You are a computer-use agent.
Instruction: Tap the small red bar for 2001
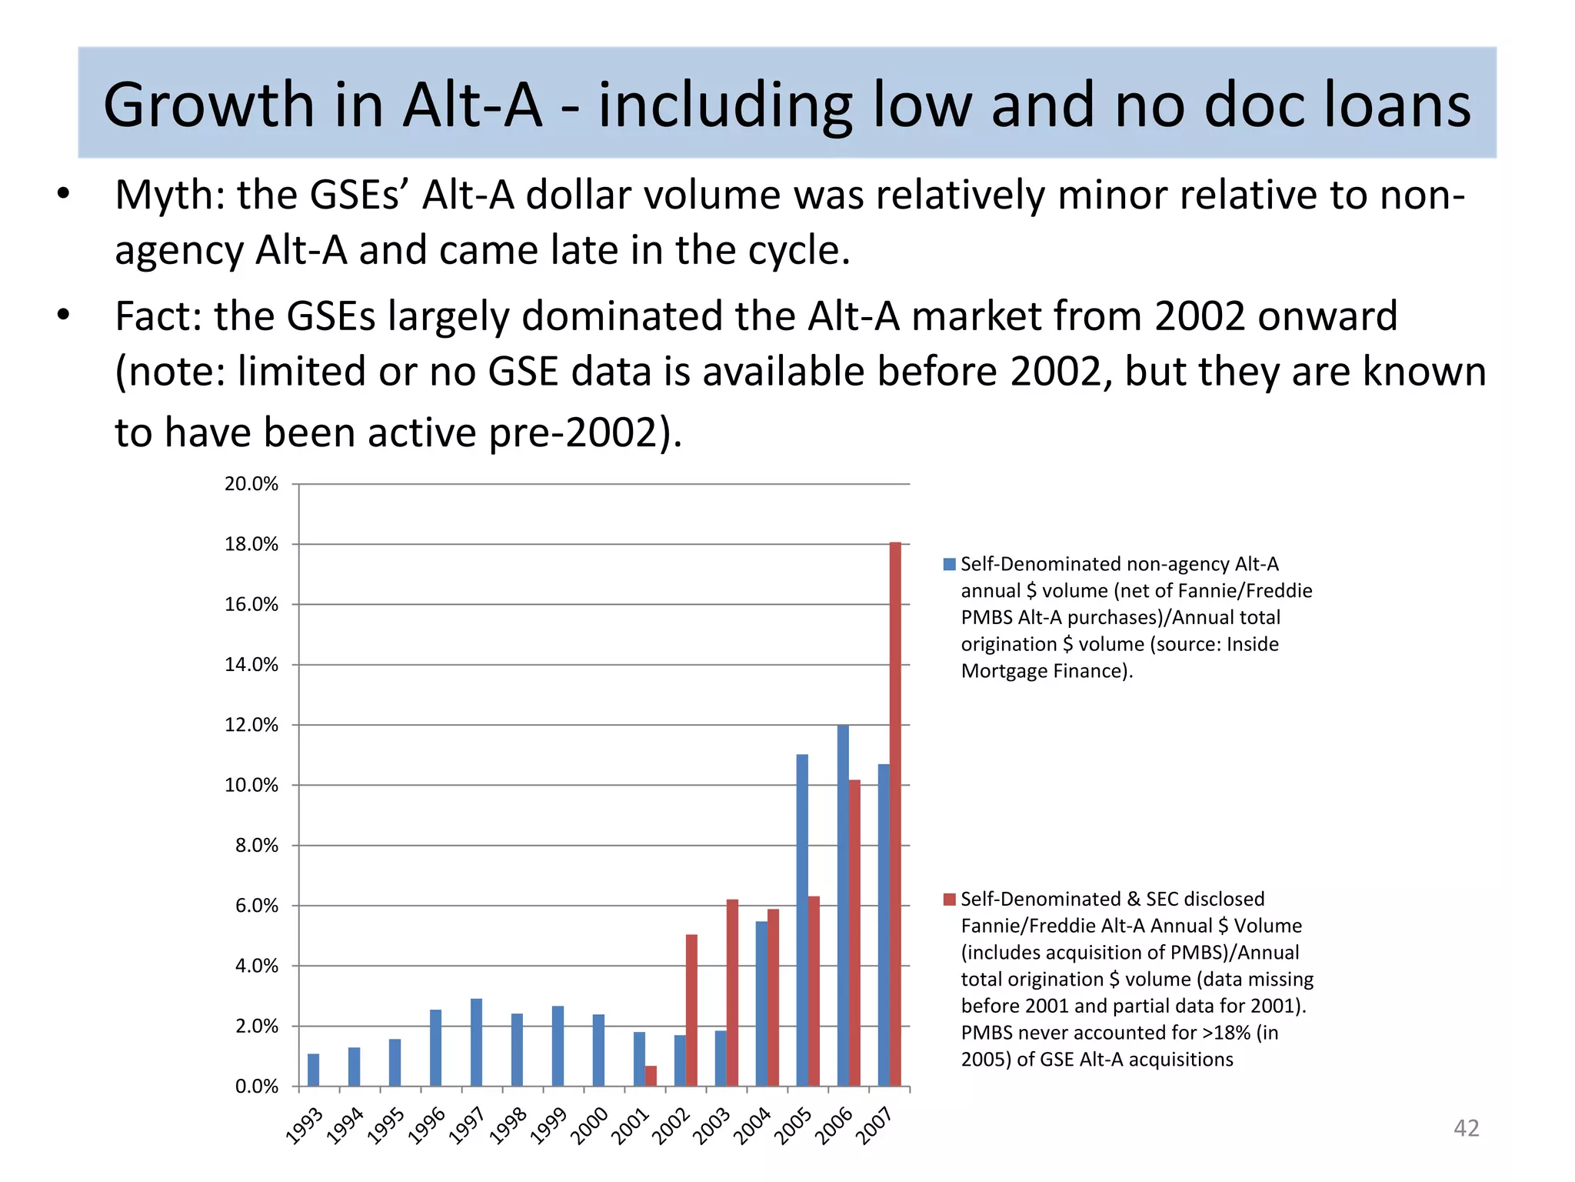tap(651, 1076)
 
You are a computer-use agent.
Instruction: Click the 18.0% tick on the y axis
tap(251, 545)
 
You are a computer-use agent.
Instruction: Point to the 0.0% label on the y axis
tap(256, 1087)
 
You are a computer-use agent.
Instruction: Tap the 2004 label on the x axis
tap(752, 1126)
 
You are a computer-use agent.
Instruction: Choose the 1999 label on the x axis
tap(548, 1126)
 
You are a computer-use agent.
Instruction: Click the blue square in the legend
tap(949, 564)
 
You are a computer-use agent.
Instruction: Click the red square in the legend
tap(949, 899)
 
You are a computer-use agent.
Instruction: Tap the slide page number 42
tap(1466, 1128)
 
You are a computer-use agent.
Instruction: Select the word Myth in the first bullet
tap(168, 195)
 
